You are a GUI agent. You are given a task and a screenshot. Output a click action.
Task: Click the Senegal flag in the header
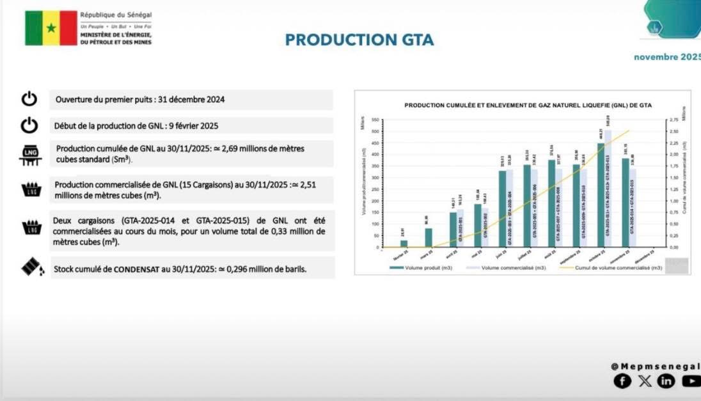51,28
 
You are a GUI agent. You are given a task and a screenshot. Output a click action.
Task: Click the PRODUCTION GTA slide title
359,40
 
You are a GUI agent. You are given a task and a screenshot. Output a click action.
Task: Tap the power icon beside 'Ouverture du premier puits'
29,99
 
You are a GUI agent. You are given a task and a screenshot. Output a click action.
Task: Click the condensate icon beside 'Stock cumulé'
32,267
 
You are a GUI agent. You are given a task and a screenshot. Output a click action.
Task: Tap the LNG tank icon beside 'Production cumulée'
30,155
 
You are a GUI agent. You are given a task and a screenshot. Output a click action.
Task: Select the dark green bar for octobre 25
601,195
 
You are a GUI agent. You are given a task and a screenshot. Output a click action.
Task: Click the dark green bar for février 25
404,244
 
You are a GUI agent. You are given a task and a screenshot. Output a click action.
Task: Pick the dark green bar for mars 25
429,238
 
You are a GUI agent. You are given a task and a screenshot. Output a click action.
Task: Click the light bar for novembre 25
633,208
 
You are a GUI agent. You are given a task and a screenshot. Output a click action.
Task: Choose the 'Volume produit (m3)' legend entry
420,268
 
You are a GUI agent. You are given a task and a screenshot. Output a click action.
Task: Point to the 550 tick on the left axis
376,120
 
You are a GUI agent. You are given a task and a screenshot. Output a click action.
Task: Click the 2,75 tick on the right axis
672,120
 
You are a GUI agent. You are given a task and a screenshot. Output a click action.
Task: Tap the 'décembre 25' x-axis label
651,252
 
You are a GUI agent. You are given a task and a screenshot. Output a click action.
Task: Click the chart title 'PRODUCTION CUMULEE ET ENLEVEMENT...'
528,104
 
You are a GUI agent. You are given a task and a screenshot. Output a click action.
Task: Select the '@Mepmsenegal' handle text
654,366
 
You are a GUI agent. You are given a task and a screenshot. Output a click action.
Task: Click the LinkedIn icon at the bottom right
666,381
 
